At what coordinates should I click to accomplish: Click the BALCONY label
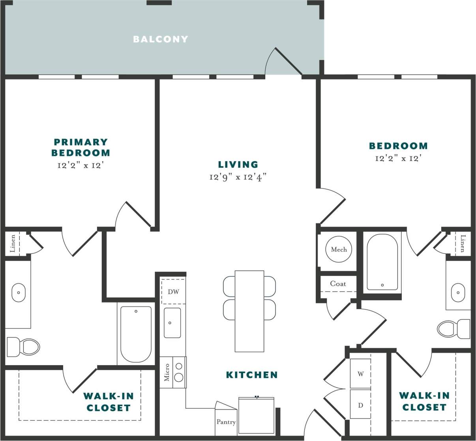pos(160,39)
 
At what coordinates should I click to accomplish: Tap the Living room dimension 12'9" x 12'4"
pos(238,177)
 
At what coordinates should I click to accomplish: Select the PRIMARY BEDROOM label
pos(81,147)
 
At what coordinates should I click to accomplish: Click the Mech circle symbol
pos(339,249)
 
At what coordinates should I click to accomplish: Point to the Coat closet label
pos(338,283)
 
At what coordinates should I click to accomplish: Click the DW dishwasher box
pos(173,292)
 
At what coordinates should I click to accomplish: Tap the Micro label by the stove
pos(167,372)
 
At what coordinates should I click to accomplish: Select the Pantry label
pos(226,422)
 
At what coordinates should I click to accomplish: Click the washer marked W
pos(360,373)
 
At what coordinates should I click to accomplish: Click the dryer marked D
pos(360,405)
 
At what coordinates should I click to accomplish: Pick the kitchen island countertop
pos(249,311)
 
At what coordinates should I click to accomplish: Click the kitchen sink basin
pos(172,323)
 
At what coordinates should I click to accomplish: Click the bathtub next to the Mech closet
pos(382,261)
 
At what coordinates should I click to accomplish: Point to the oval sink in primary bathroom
pos(18,293)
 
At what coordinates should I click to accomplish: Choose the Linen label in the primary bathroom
pos(13,243)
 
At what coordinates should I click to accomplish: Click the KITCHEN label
pos(252,375)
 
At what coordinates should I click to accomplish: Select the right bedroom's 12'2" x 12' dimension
pos(398,159)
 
